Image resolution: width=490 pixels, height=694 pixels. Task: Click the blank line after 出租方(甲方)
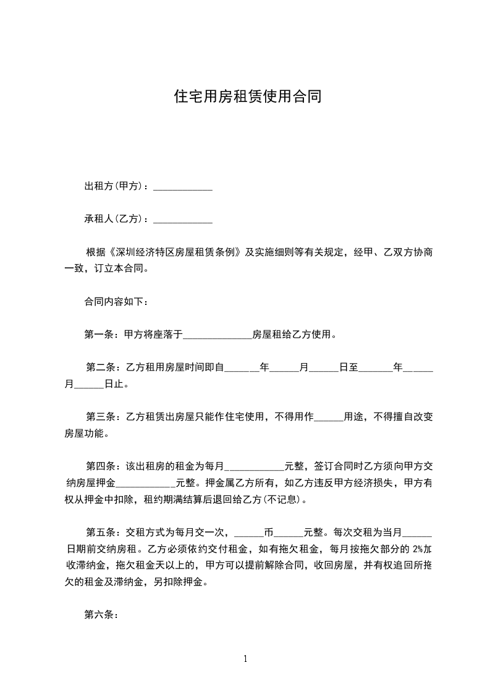click(182, 187)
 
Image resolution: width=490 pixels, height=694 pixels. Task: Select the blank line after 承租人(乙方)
click(182, 220)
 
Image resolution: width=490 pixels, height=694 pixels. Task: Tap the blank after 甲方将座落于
click(218, 336)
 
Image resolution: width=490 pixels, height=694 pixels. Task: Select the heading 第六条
click(97, 615)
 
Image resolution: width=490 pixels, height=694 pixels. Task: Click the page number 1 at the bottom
click(245, 659)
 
